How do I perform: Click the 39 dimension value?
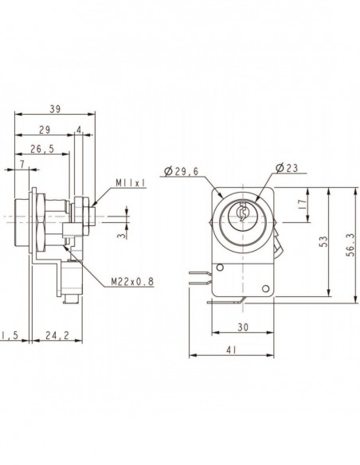pos(55,109)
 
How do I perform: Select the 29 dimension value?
pos(45,130)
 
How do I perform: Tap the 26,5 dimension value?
pos(42,149)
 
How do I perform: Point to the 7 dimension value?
pos(22,164)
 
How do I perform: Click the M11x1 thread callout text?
pos(131,183)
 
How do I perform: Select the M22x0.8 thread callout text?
pos(132,281)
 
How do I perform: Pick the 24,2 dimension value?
pos(57,335)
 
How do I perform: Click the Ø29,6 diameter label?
pos(181,171)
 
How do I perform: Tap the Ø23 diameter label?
pos(287,168)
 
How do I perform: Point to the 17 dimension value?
pos(301,205)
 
